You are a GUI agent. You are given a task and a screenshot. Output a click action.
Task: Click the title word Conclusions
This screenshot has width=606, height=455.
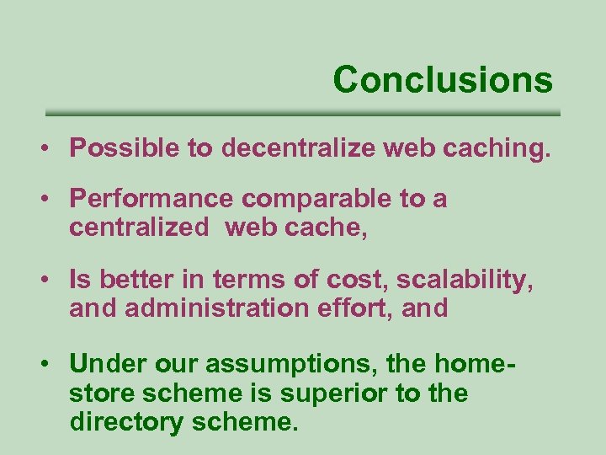pos(443,80)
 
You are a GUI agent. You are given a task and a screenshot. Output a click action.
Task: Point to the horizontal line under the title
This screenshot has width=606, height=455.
pos(302,113)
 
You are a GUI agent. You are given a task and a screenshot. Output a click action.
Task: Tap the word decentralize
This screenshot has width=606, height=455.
pos(300,149)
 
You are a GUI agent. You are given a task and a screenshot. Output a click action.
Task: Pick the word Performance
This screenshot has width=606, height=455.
pos(151,200)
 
